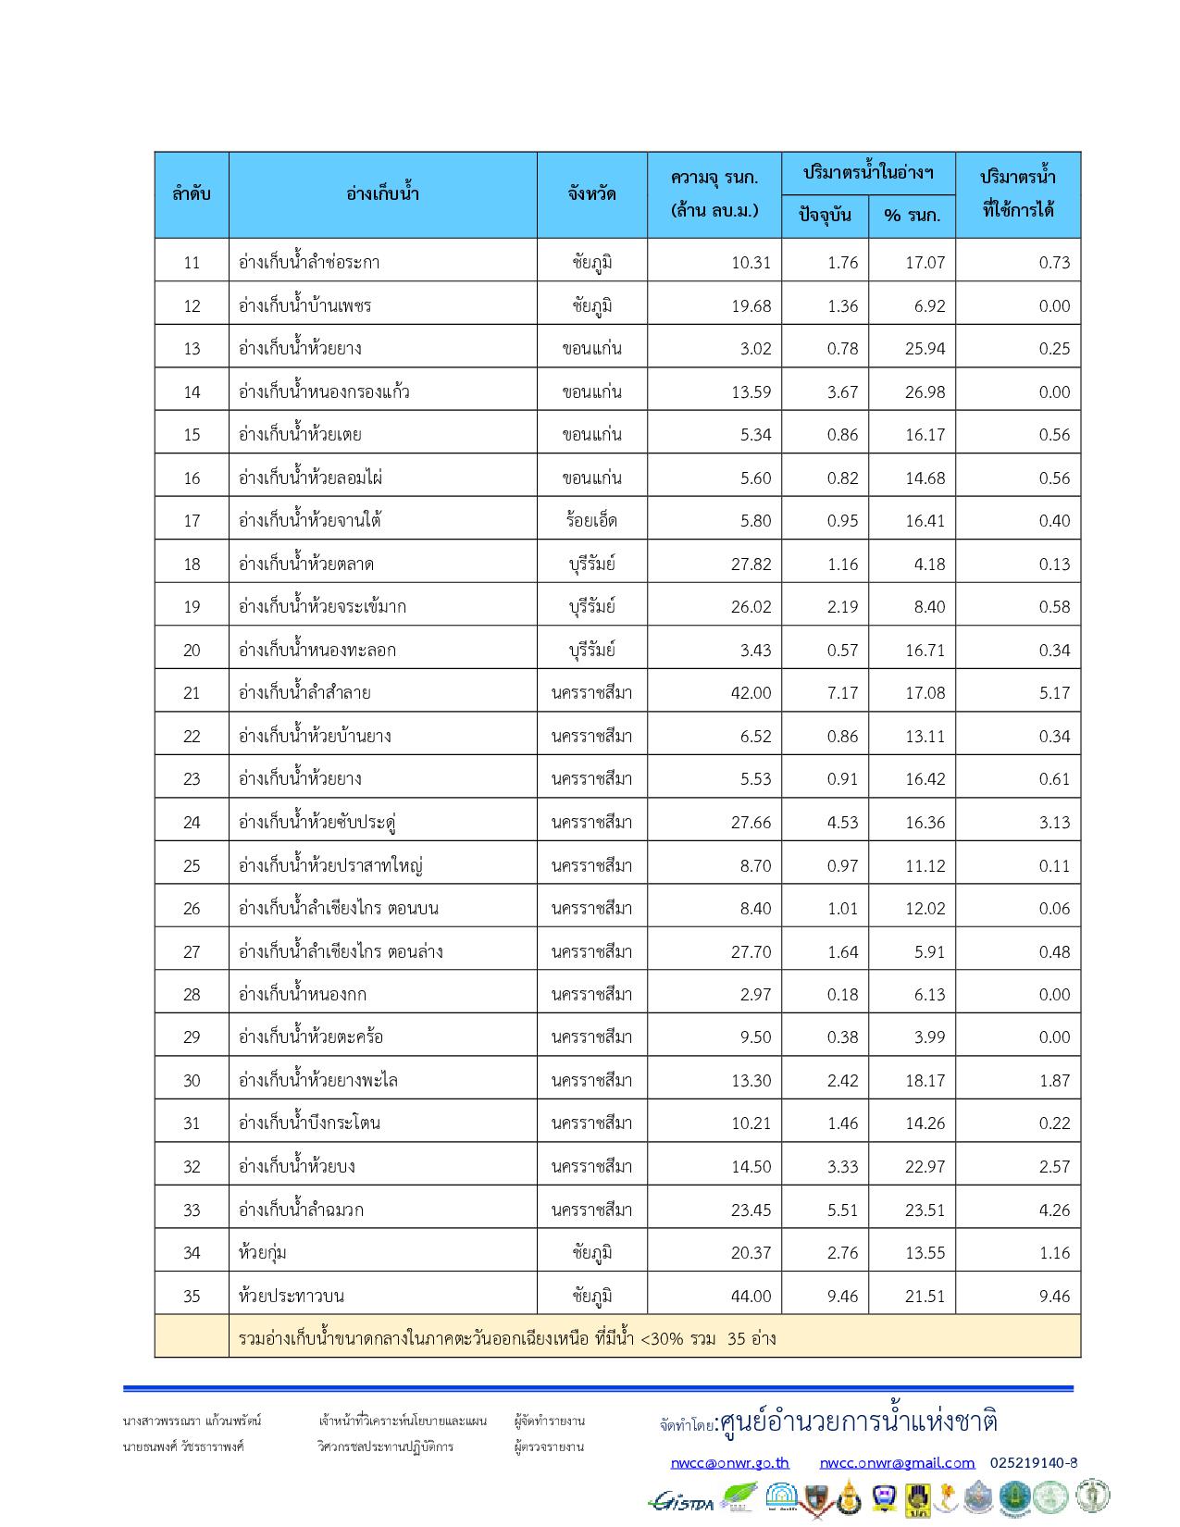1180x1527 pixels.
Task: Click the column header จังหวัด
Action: [x=592, y=194]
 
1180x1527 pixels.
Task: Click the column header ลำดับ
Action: [x=192, y=194]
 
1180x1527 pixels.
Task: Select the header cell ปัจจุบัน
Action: [x=824, y=216]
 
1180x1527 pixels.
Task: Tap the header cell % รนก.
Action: [x=912, y=216]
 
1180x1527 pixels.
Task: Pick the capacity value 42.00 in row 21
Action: [x=751, y=692]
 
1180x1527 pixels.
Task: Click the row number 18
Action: [x=192, y=564]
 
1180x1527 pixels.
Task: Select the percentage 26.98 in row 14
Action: [x=925, y=391]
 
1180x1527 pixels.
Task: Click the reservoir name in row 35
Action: [x=292, y=1296]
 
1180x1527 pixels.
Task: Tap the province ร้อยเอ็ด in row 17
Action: [x=592, y=520]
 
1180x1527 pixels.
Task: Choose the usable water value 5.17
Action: [x=1054, y=692]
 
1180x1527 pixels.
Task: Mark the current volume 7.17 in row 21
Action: [x=842, y=692]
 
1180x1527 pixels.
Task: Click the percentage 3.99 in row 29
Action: [x=929, y=1037]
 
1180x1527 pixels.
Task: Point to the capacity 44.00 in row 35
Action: [x=751, y=1296]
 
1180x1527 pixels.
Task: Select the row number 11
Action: [x=192, y=262]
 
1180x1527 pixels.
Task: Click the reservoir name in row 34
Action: [x=262, y=1252]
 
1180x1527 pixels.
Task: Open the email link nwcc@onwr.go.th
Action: [x=729, y=1463]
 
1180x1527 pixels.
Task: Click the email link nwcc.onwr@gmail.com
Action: [x=897, y=1463]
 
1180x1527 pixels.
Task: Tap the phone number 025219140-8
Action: [x=1033, y=1463]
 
